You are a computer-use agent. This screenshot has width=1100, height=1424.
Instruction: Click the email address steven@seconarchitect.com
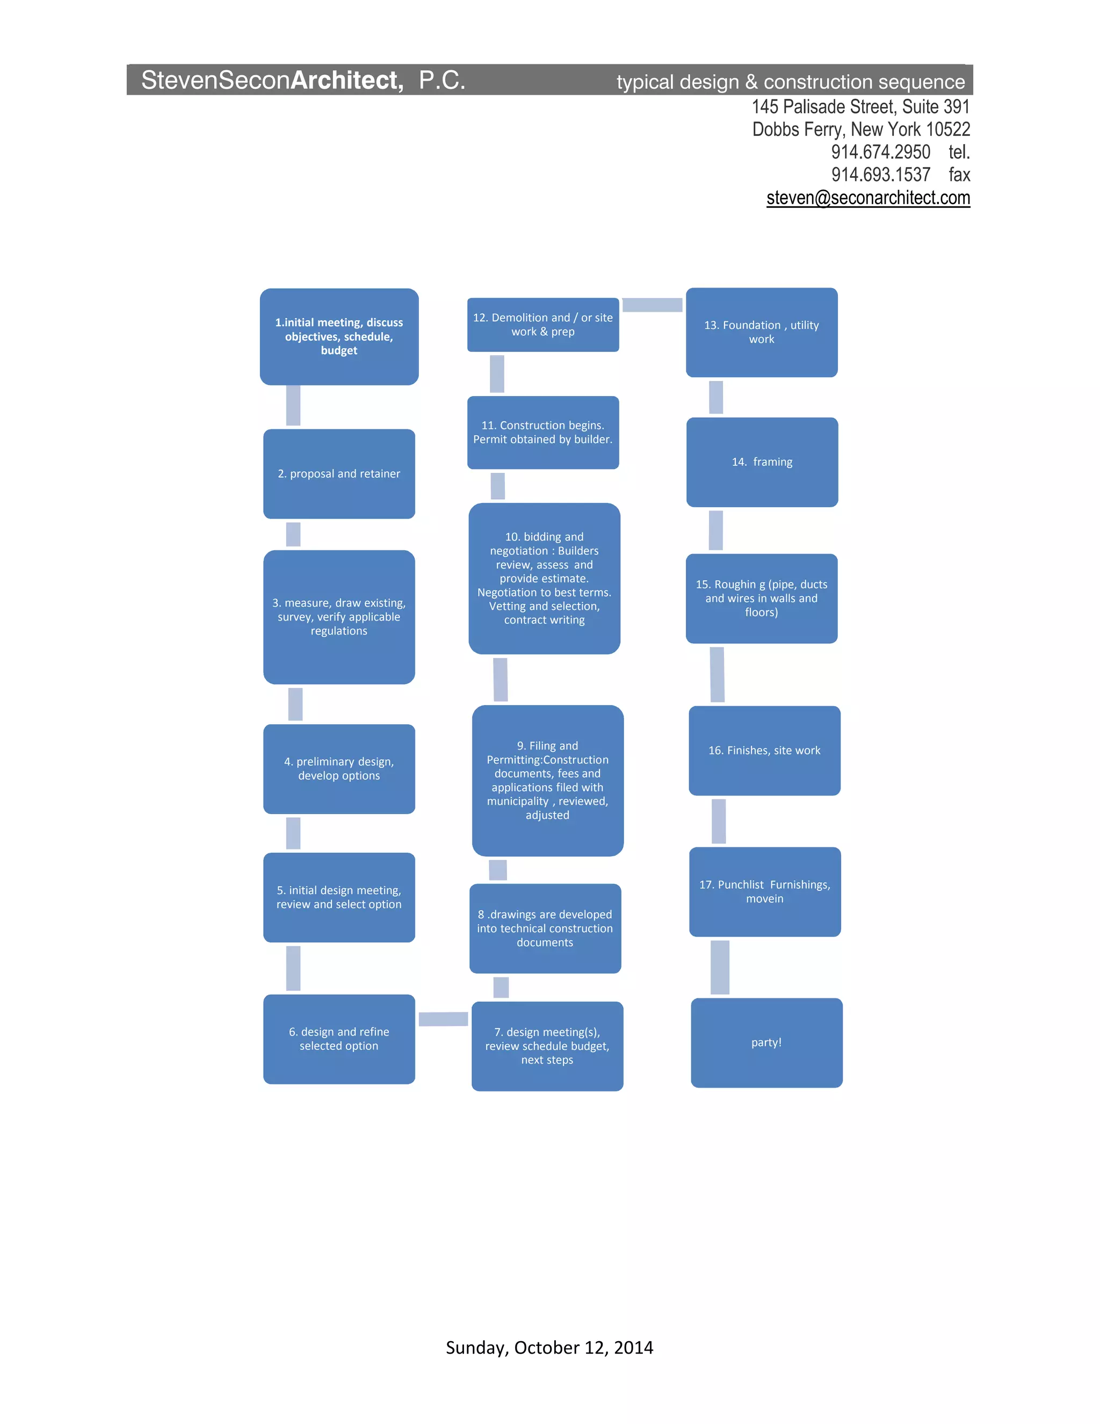[868, 198]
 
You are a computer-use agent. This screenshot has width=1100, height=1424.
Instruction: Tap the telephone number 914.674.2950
[880, 152]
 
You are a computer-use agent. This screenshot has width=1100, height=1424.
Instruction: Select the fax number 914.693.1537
[880, 175]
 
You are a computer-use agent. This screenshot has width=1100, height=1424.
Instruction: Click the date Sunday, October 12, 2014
[549, 1347]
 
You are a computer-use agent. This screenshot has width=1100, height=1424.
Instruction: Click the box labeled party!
[766, 1042]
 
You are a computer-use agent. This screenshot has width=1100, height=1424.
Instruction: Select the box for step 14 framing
[762, 462]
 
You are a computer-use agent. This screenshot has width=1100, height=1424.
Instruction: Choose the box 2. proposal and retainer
[339, 474]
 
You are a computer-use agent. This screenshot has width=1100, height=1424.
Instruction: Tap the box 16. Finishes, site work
[764, 751]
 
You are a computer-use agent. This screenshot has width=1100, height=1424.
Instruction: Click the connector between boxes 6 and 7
[443, 1019]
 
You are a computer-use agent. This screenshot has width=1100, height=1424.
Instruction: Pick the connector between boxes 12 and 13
[652, 305]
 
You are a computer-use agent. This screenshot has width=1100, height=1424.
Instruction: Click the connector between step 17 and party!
[719, 967]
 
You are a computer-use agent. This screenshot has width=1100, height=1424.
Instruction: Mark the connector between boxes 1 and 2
[293, 406]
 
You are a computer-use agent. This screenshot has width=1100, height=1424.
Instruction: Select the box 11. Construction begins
[543, 432]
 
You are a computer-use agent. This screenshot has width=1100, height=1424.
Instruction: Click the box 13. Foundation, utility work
[761, 333]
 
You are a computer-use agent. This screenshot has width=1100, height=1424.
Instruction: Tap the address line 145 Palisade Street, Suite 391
[861, 106]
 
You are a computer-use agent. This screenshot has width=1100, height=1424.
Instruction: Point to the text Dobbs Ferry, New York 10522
[861, 129]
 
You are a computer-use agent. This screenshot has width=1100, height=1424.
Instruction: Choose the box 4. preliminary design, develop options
[339, 769]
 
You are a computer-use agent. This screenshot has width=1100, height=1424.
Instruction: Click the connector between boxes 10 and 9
[501, 679]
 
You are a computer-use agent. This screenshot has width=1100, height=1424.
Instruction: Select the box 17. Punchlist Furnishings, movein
[765, 891]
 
